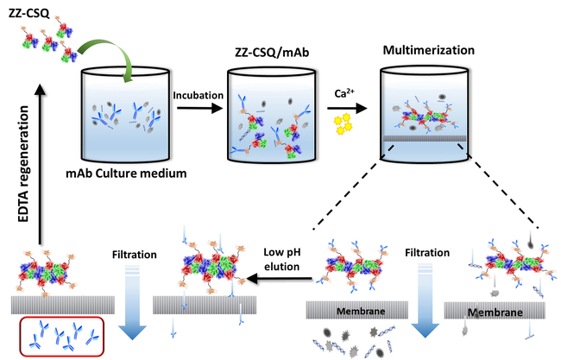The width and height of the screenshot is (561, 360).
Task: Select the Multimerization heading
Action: coord(428,48)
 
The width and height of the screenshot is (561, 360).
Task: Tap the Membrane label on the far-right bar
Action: coord(489,308)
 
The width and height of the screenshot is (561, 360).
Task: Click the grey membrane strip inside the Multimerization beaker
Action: coord(428,138)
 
